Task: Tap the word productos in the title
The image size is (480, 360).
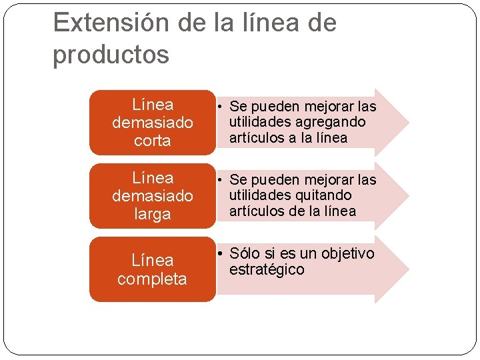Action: point(111,55)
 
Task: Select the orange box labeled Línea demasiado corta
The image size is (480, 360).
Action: point(152,122)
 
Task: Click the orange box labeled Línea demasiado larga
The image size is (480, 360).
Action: point(152,195)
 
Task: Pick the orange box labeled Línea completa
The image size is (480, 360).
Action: point(152,269)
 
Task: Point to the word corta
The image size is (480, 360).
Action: point(152,141)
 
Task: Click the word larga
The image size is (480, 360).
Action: point(152,214)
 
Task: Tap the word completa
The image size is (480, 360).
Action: point(152,278)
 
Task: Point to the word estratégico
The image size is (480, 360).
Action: point(267,269)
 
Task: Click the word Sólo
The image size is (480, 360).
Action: point(244,253)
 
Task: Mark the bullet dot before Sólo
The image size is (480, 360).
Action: point(219,254)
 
